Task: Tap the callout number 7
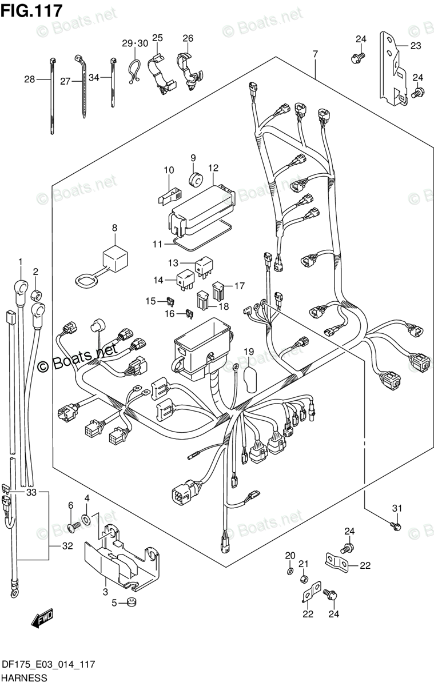tap(314, 55)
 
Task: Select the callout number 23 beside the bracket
tap(415, 46)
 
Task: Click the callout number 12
tap(213, 169)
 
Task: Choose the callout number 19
tap(249, 351)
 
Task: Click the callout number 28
tap(29, 79)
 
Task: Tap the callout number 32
tap(67, 546)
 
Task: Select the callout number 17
tap(238, 285)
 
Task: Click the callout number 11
tap(158, 244)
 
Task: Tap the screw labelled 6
tap(71, 527)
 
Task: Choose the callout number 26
tap(188, 38)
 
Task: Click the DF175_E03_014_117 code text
tap(48, 664)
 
